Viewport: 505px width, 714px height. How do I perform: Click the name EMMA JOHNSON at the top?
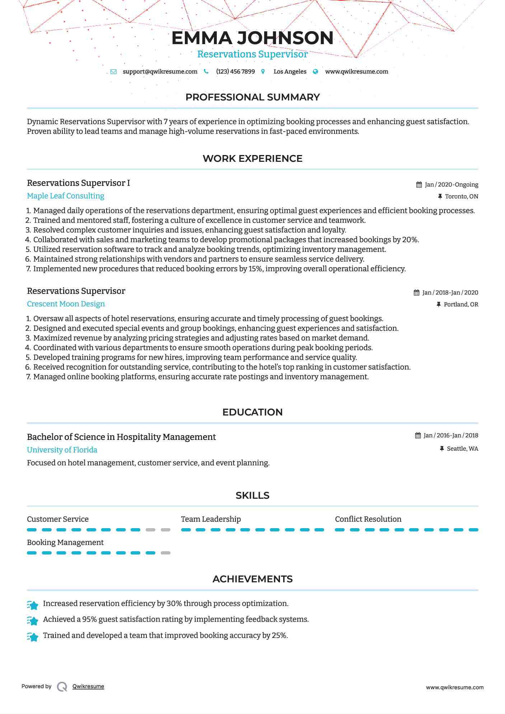click(252, 38)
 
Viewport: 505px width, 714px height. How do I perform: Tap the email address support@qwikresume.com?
click(160, 71)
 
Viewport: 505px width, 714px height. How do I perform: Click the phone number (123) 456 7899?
click(235, 71)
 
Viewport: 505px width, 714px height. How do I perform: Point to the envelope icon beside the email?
click(113, 71)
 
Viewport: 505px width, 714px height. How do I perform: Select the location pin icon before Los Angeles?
click(263, 71)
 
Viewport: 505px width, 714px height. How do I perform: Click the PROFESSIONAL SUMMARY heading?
click(252, 97)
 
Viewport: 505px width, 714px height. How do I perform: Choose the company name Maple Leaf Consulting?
click(66, 196)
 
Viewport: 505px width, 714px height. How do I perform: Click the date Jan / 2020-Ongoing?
click(451, 184)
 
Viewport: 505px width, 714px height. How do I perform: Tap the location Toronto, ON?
click(461, 196)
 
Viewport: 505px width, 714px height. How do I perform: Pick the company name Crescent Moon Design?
click(66, 304)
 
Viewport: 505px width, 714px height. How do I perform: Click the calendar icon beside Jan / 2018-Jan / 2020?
click(416, 292)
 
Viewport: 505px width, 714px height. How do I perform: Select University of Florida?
click(62, 450)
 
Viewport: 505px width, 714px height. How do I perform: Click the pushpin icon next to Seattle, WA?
click(442, 448)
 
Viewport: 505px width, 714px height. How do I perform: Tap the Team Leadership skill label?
click(211, 519)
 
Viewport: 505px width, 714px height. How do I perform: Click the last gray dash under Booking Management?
click(165, 553)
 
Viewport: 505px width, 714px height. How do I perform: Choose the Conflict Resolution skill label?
click(368, 519)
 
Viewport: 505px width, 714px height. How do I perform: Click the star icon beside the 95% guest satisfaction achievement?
click(33, 620)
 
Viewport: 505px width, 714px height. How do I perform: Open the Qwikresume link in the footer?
click(88, 686)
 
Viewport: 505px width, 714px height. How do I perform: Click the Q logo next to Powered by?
click(62, 686)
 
